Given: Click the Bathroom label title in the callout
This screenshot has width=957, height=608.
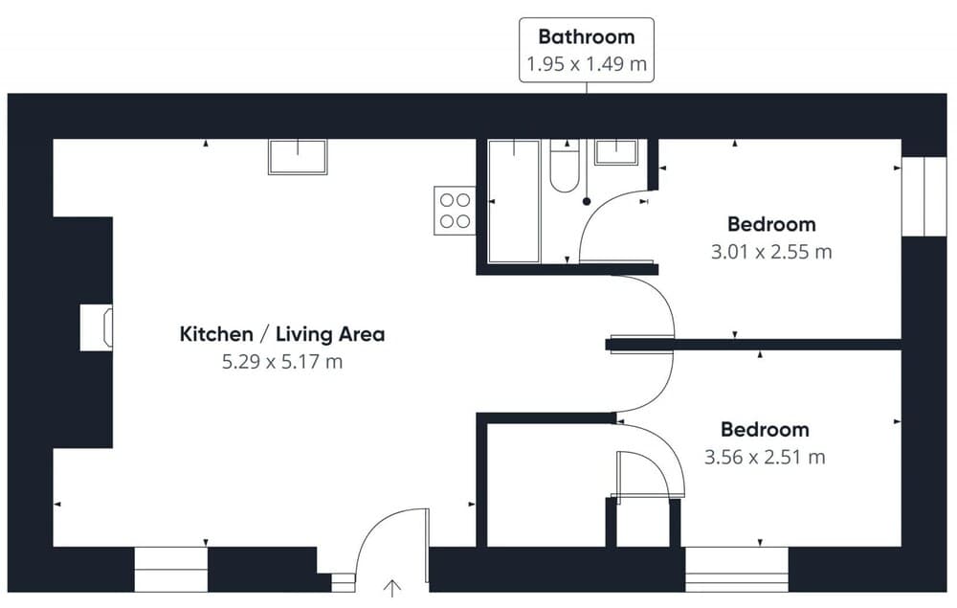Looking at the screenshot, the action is (x=587, y=36).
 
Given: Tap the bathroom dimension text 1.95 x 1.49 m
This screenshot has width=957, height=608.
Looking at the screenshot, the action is (x=587, y=64).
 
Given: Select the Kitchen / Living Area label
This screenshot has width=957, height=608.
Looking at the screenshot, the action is (x=282, y=334).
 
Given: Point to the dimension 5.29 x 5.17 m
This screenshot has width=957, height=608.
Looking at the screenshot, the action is (x=282, y=362).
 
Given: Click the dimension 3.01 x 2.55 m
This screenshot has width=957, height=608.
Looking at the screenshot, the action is (x=771, y=252).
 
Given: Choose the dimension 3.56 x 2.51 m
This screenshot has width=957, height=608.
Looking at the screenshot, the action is (x=765, y=457).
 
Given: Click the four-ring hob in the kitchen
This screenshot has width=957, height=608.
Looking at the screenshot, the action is (x=455, y=211).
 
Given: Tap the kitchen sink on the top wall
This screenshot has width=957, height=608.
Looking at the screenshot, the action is (x=298, y=157).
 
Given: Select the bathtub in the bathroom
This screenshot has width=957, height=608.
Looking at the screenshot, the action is (x=514, y=201).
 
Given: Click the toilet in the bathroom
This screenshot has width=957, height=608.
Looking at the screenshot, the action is (x=565, y=166).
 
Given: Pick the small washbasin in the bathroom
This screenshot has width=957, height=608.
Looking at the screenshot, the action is (x=616, y=152).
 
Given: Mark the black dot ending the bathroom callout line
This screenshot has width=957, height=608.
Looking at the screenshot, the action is (x=587, y=201).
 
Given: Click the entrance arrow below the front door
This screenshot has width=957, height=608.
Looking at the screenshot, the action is (x=391, y=589).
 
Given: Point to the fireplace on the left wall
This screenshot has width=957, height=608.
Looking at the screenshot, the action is (x=97, y=327).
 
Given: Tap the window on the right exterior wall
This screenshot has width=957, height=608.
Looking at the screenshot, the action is (x=924, y=196).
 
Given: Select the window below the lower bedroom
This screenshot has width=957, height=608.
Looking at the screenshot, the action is (x=737, y=570).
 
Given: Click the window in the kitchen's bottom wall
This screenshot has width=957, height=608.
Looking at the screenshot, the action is (x=171, y=570).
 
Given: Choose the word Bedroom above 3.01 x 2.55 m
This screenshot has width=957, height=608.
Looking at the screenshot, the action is (x=771, y=224).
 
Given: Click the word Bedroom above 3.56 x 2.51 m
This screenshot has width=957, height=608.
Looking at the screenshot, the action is (x=765, y=429).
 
